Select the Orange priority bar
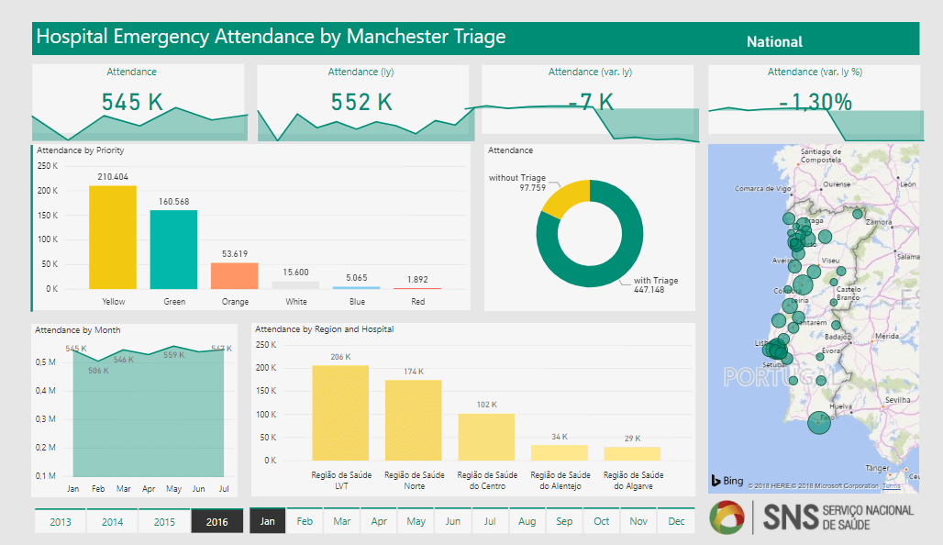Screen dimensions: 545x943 pos(235,275)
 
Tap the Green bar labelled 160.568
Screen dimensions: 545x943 pos(173,249)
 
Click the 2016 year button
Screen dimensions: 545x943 pos(216,521)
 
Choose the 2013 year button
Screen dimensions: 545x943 pos(61,521)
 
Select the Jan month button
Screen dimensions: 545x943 pos(267,521)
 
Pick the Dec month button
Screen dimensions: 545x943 pos(676,521)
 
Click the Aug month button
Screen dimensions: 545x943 pos(527,521)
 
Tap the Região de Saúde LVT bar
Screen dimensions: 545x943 pos(340,413)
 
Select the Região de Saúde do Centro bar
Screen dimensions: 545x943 pos(486,437)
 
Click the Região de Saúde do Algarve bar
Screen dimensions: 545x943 pos(632,453)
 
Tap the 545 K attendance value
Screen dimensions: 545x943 pos(132,102)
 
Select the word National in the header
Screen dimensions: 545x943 pos(774,41)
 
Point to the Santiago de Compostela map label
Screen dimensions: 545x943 pos(820,155)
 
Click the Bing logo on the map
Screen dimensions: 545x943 pos(727,481)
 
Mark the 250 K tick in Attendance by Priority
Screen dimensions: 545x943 pos(47,166)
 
